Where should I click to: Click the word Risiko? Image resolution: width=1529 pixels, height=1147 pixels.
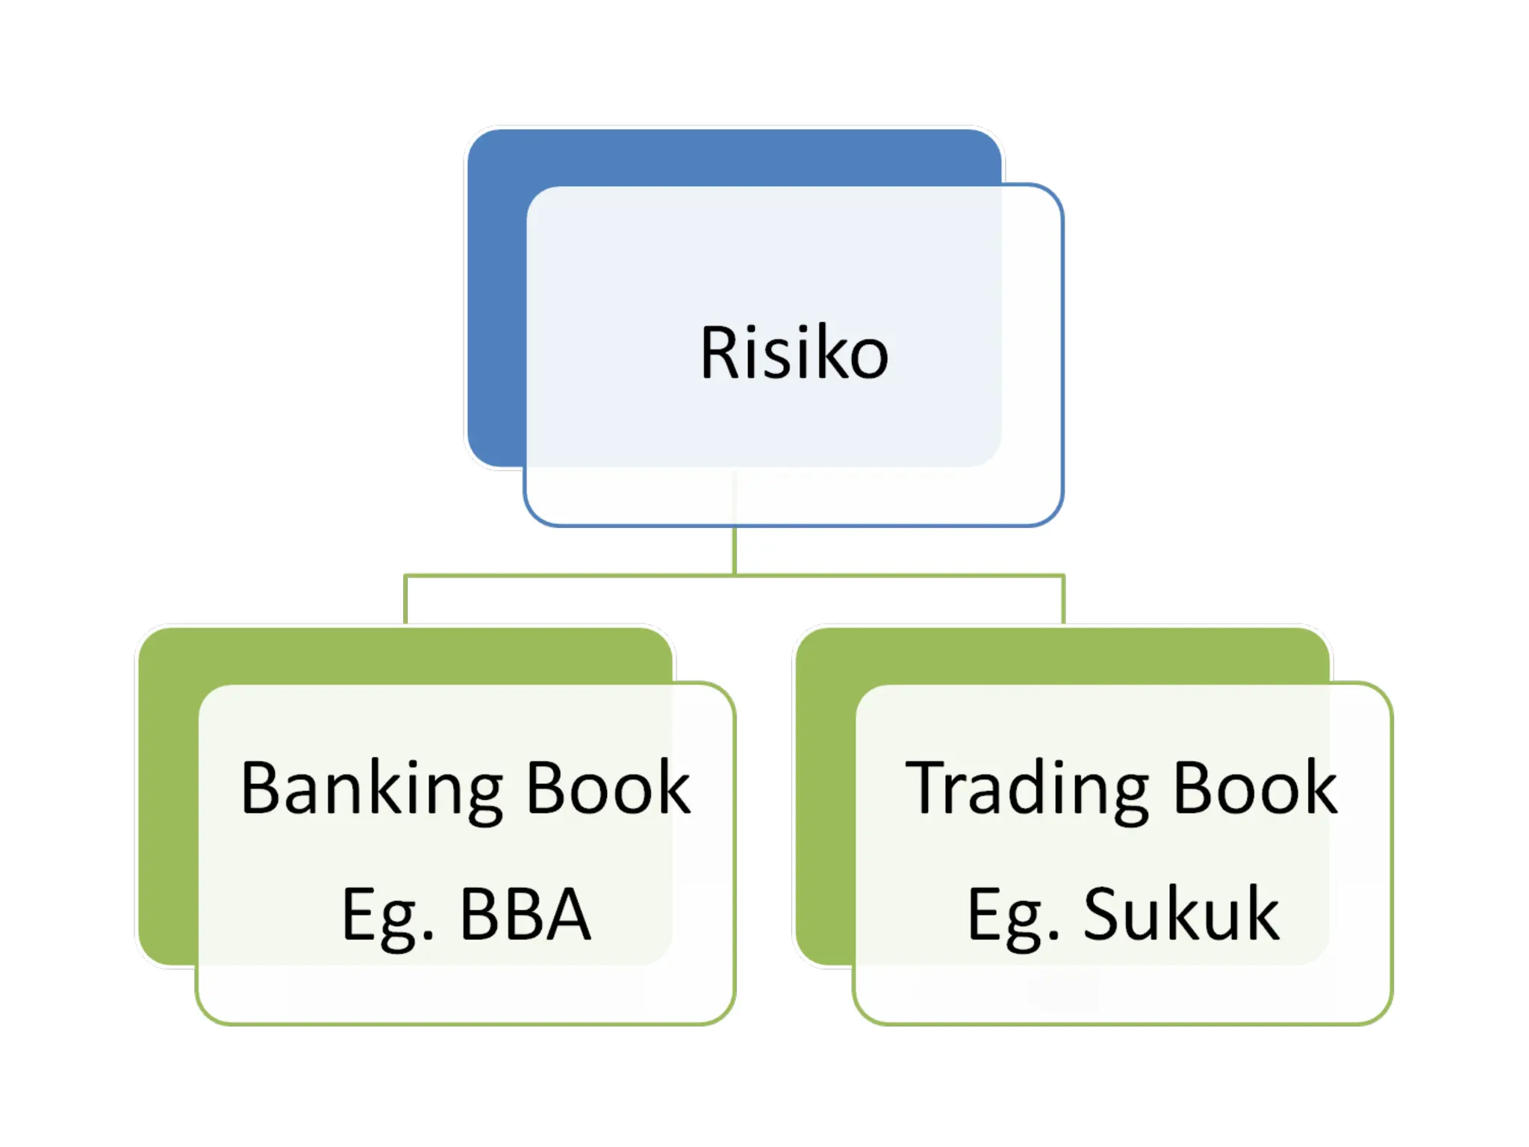click(x=794, y=353)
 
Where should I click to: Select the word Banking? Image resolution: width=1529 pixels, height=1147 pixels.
click(x=371, y=790)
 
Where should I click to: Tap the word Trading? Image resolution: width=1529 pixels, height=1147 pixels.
click(x=1027, y=790)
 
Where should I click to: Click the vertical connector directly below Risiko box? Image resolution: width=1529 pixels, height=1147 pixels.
click(x=735, y=551)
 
